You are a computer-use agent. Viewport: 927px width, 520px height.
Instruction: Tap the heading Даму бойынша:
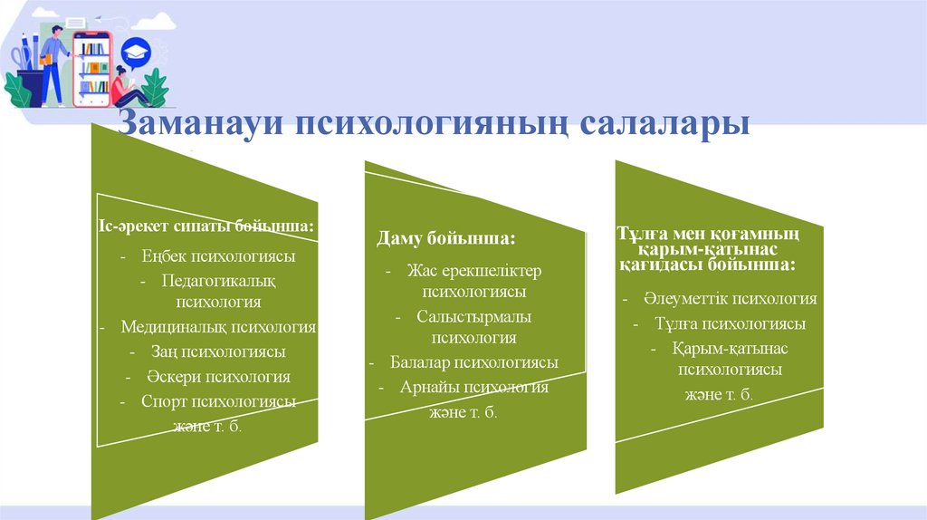click(x=445, y=239)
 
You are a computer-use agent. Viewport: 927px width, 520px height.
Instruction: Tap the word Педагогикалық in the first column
click(x=218, y=282)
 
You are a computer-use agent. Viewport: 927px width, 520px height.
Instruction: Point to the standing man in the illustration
click(x=52, y=63)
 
